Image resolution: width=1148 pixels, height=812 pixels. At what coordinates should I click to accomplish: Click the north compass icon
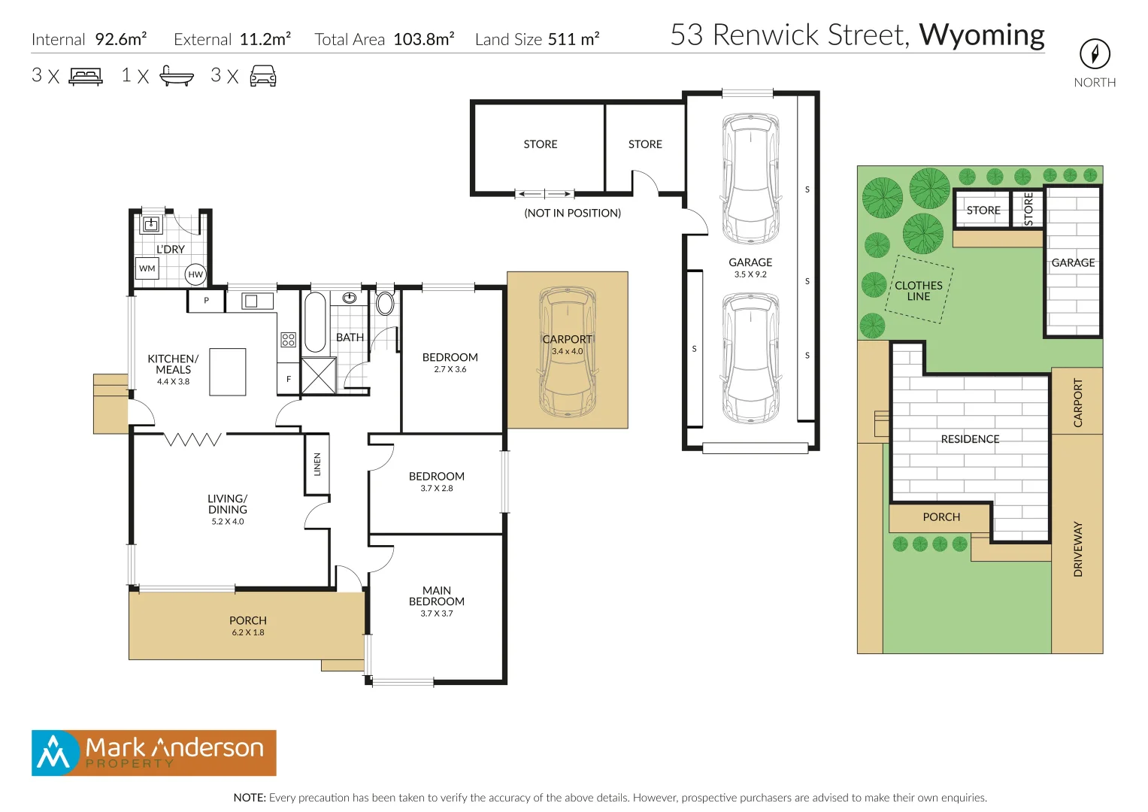[1095, 54]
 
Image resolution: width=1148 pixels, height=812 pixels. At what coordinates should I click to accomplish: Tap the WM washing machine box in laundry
[147, 268]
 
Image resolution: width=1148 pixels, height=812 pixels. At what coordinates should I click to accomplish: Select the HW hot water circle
[195, 274]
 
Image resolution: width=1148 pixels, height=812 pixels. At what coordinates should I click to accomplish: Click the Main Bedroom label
[436, 596]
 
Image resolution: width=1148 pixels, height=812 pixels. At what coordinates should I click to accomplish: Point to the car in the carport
[568, 352]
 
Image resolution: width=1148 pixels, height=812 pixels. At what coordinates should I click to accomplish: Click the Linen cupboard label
[317, 464]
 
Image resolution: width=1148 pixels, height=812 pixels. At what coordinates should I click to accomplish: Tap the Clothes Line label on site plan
[918, 291]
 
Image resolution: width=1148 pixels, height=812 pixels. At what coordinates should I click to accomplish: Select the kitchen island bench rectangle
[227, 371]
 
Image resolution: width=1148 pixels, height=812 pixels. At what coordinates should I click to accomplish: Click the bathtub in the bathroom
[314, 322]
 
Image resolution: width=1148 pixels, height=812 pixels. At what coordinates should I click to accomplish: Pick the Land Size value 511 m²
[573, 39]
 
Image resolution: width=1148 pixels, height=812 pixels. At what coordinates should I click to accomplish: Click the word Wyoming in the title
[981, 35]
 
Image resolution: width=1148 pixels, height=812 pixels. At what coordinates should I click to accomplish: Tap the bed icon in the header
[86, 76]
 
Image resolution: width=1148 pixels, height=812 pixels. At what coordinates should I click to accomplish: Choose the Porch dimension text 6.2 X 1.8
[248, 633]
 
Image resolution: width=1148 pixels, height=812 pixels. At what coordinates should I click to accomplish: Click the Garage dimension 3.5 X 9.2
[750, 274]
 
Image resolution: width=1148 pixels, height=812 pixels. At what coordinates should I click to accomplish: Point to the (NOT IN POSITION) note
[572, 214]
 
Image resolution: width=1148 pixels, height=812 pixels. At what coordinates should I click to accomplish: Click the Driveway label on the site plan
[1078, 549]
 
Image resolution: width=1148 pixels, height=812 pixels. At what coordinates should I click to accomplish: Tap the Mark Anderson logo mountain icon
[53, 753]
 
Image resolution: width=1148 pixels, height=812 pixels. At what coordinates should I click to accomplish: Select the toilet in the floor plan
[385, 303]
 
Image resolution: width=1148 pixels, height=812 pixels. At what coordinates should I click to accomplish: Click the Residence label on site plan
[970, 439]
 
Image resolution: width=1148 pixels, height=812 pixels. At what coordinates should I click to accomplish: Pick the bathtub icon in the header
[177, 76]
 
